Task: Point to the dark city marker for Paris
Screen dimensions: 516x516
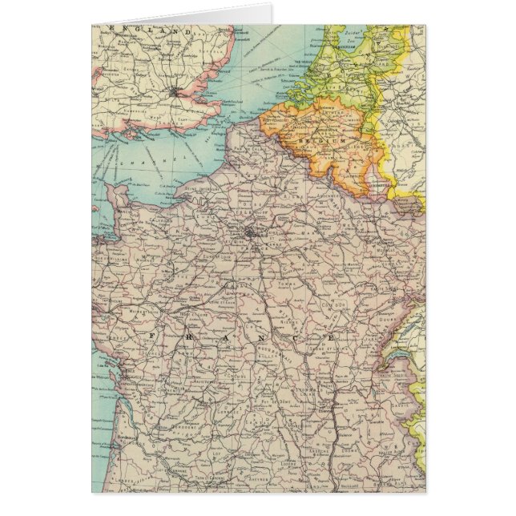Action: point(253,235)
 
